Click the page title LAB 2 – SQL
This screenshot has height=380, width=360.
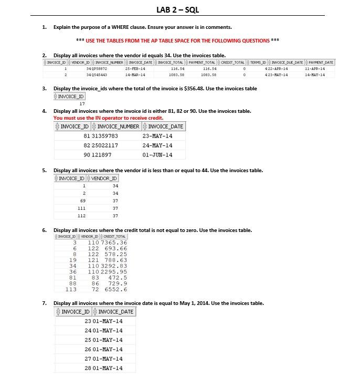[178, 10]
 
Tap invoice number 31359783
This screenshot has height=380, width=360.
[105, 136]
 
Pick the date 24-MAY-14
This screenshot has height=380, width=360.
[157, 145]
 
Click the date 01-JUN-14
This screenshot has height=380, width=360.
[157, 155]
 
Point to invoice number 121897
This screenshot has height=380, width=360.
[102, 155]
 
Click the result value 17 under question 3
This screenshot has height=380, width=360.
[82, 104]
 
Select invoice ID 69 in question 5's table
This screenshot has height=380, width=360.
[82, 201]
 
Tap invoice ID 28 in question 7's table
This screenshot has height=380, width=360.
[88, 368]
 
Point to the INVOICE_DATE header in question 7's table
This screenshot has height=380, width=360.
[116, 312]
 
